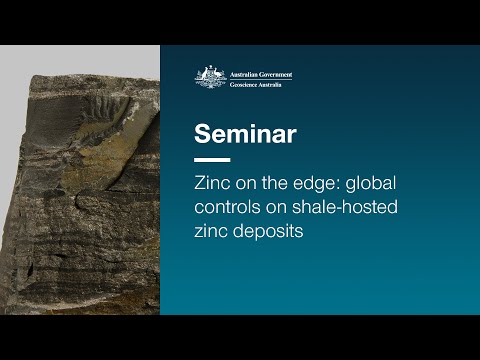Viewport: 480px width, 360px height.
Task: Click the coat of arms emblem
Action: tap(209, 77)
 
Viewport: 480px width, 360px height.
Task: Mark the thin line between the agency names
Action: tap(259, 79)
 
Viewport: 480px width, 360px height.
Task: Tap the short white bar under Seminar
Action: tap(212, 160)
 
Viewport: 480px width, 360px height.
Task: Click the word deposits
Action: tap(267, 230)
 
